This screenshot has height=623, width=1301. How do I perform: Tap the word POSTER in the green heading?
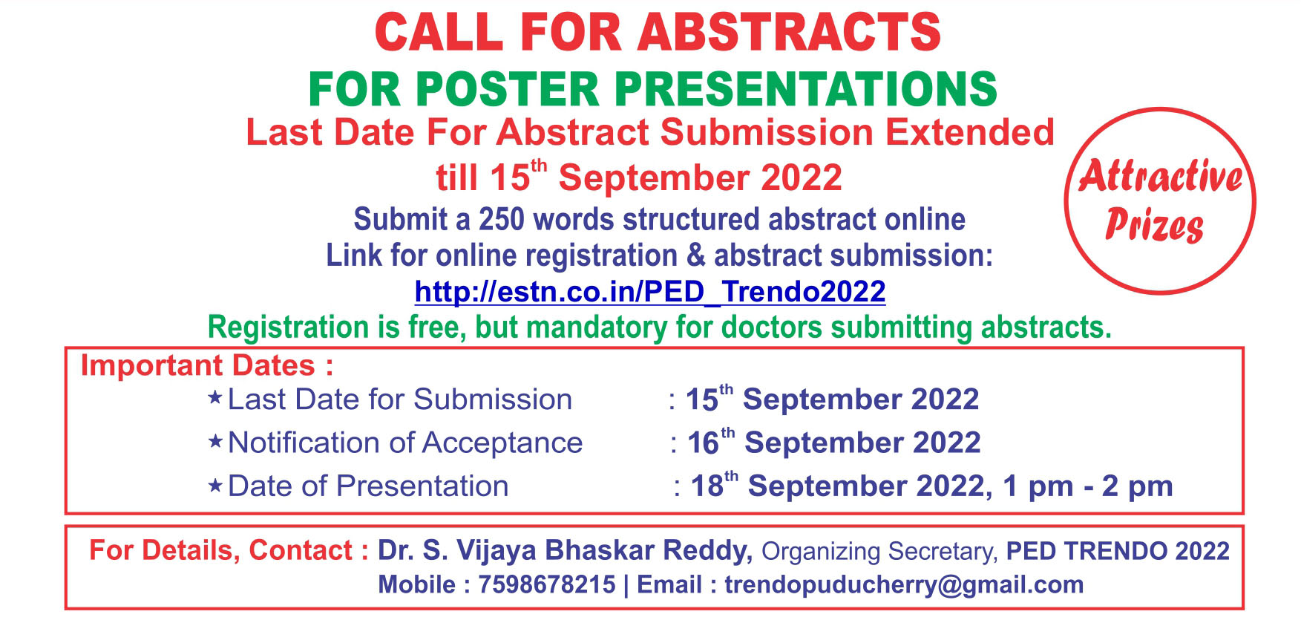[507, 89]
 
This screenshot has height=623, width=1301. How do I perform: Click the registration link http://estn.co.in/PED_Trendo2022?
[650, 291]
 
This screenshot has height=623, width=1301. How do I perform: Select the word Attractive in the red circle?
[1160, 177]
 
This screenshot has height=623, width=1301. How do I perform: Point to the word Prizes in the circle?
[1154, 225]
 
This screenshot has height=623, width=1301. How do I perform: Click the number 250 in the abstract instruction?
[501, 220]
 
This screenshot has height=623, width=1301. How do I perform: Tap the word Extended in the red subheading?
[969, 132]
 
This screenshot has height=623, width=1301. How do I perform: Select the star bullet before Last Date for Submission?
[215, 398]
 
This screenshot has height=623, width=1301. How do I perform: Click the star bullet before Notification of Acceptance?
[215, 442]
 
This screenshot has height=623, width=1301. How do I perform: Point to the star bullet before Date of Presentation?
[215, 486]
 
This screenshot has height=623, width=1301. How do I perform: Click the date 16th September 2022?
[834, 442]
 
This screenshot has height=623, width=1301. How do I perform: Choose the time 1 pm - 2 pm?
[1088, 486]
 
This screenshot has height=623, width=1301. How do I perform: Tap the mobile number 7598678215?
[547, 584]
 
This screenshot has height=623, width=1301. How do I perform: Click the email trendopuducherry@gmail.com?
[904, 584]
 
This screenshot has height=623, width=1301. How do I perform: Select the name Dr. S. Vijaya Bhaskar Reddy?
[566, 550]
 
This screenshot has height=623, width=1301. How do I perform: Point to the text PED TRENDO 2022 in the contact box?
[1118, 551]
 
